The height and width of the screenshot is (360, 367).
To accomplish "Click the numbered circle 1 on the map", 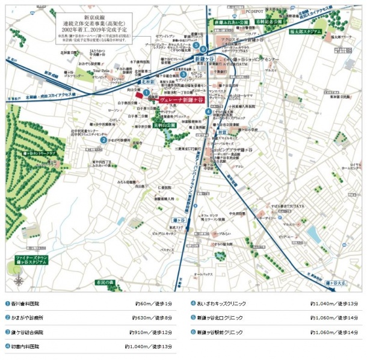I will pos(146,92).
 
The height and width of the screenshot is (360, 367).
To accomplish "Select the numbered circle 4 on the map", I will pos(208,111).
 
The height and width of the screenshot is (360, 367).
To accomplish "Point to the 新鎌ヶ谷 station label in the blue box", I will pos(204,60).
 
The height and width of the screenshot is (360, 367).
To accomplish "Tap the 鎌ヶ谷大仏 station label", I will pos(336,281).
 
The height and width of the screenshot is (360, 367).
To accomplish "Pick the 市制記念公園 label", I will pos(270,20).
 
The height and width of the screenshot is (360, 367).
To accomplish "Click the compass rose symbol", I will pos(19,279).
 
